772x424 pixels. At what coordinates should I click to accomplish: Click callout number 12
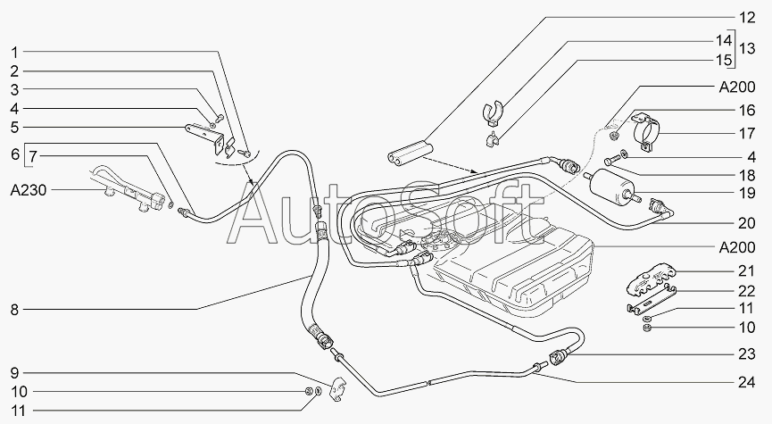[x=746, y=18]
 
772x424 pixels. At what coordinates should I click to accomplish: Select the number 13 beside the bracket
[x=746, y=49]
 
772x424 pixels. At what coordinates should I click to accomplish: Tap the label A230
[x=28, y=190]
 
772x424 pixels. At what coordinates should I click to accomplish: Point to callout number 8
[x=14, y=310]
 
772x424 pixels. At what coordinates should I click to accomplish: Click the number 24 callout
[x=746, y=382]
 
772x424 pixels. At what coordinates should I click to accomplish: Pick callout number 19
[x=746, y=193]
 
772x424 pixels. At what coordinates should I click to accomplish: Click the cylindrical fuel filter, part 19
[x=612, y=188]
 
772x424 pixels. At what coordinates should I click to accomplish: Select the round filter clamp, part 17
[x=645, y=130]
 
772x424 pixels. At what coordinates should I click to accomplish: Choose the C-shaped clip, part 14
[x=492, y=112]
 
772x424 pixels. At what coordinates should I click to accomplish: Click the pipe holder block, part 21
[x=650, y=279]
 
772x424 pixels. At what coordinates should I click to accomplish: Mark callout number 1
[x=14, y=52]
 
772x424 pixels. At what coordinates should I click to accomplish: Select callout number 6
[x=14, y=154]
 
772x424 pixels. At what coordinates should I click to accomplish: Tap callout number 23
[x=746, y=354]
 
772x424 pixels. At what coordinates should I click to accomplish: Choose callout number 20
[x=746, y=223]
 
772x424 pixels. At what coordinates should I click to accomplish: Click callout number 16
[x=746, y=111]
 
